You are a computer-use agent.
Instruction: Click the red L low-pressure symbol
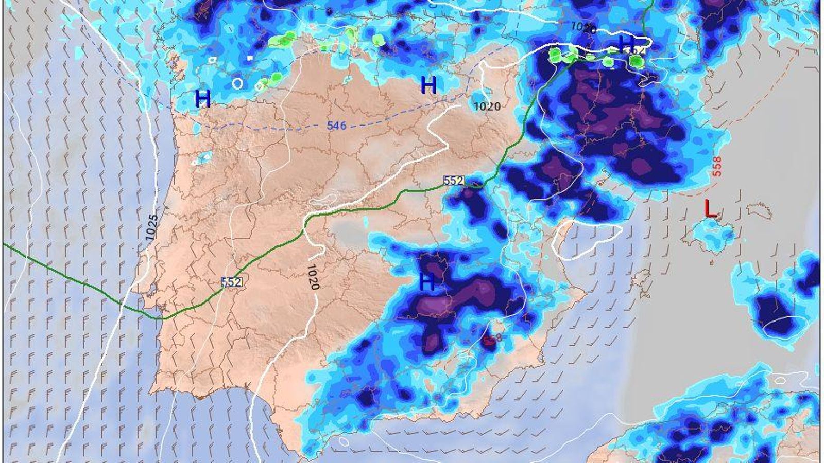(711, 208)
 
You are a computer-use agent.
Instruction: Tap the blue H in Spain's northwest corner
(203, 99)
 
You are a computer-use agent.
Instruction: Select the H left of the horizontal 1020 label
(428, 85)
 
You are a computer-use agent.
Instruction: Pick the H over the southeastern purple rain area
(427, 282)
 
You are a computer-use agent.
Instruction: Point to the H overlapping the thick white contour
(626, 43)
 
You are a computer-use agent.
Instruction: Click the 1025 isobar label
(151, 228)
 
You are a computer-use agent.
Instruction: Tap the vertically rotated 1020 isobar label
(313, 277)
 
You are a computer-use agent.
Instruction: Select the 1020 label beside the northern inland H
(487, 106)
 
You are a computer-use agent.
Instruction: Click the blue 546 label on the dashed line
(336, 125)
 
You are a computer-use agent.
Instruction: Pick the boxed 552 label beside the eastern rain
(454, 181)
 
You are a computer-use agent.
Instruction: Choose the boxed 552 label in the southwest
(231, 281)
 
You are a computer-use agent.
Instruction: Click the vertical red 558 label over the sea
(716, 167)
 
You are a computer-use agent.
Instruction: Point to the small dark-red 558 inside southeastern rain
(492, 338)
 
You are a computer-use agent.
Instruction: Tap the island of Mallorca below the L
(713, 233)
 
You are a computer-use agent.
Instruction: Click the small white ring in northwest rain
(237, 83)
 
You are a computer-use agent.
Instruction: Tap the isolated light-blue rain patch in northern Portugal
(202, 157)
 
